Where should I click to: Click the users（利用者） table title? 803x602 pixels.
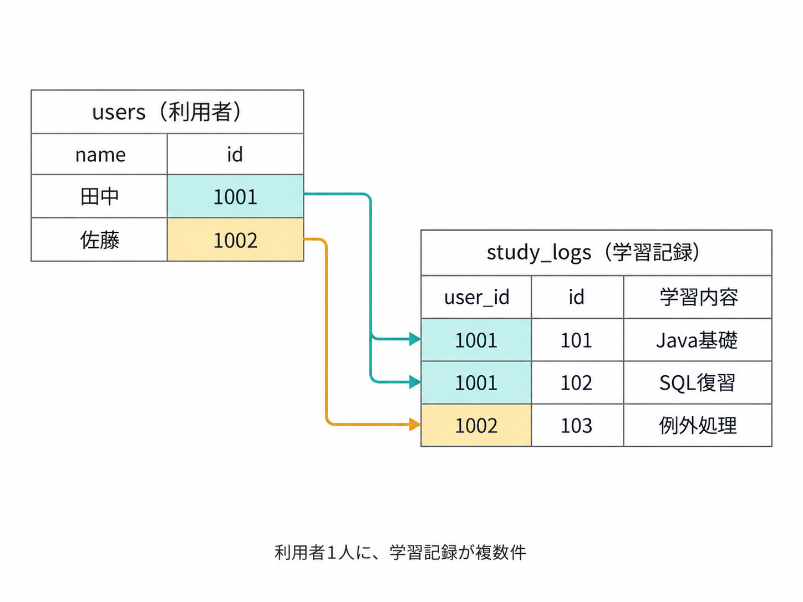coord(167,112)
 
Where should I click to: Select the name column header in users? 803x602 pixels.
coord(99,154)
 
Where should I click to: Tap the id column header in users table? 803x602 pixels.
coord(235,154)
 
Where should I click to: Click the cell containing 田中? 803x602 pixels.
coord(99,196)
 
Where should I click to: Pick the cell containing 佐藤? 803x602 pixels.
coord(99,240)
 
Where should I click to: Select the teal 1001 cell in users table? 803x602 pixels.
coord(235,196)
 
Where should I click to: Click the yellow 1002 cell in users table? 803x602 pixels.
coord(235,240)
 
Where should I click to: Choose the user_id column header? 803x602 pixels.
coord(476,297)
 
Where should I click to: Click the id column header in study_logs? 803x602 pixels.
coord(577,297)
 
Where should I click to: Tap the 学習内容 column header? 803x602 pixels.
coord(698,297)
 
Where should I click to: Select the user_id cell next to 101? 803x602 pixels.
coord(476,340)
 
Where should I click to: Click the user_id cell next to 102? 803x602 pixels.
coord(476,382)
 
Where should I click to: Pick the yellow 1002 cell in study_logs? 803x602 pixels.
coord(476,425)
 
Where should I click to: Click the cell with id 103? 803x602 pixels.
coord(577,425)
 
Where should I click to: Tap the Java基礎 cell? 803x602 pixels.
coord(698,340)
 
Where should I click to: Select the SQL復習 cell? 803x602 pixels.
coord(698,382)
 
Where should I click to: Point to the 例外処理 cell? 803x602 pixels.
coord(698,425)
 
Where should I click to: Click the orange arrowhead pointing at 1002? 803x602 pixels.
coord(415,425)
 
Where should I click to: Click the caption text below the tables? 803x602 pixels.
coord(400,552)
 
